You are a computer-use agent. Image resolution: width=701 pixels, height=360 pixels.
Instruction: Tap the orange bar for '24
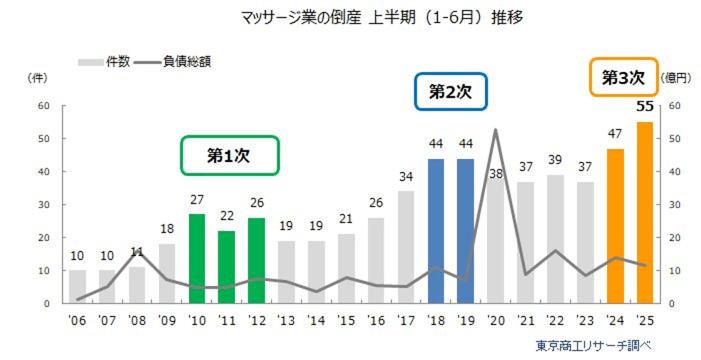pyautogui.click(x=614, y=225)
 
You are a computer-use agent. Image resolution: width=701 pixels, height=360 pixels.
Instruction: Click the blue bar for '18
pyautogui.click(x=436, y=230)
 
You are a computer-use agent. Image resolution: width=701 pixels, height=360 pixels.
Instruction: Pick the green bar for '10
pyautogui.click(x=197, y=258)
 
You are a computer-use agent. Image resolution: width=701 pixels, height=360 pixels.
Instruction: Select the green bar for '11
pyautogui.click(x=227, y=266)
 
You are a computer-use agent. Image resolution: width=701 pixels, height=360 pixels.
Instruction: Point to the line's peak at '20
pyautogui.click(x=496, y=130)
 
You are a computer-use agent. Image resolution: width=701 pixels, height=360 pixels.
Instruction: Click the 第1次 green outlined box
pyautogui.click(x=229, y=156)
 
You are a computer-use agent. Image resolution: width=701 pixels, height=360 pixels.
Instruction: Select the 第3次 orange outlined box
pyautogui.click(x=623, y=75)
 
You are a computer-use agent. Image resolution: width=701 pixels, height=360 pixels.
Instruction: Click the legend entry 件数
pyautogui.click(x=105, y=62)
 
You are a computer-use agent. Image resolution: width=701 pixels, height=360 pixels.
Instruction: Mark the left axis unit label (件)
pyautogui.click(x=39, y=77)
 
